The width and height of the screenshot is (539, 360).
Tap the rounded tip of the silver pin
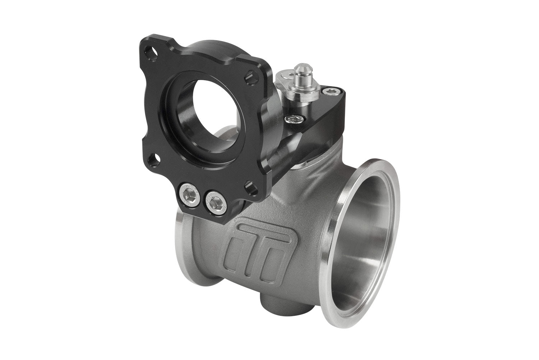point(298,68)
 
